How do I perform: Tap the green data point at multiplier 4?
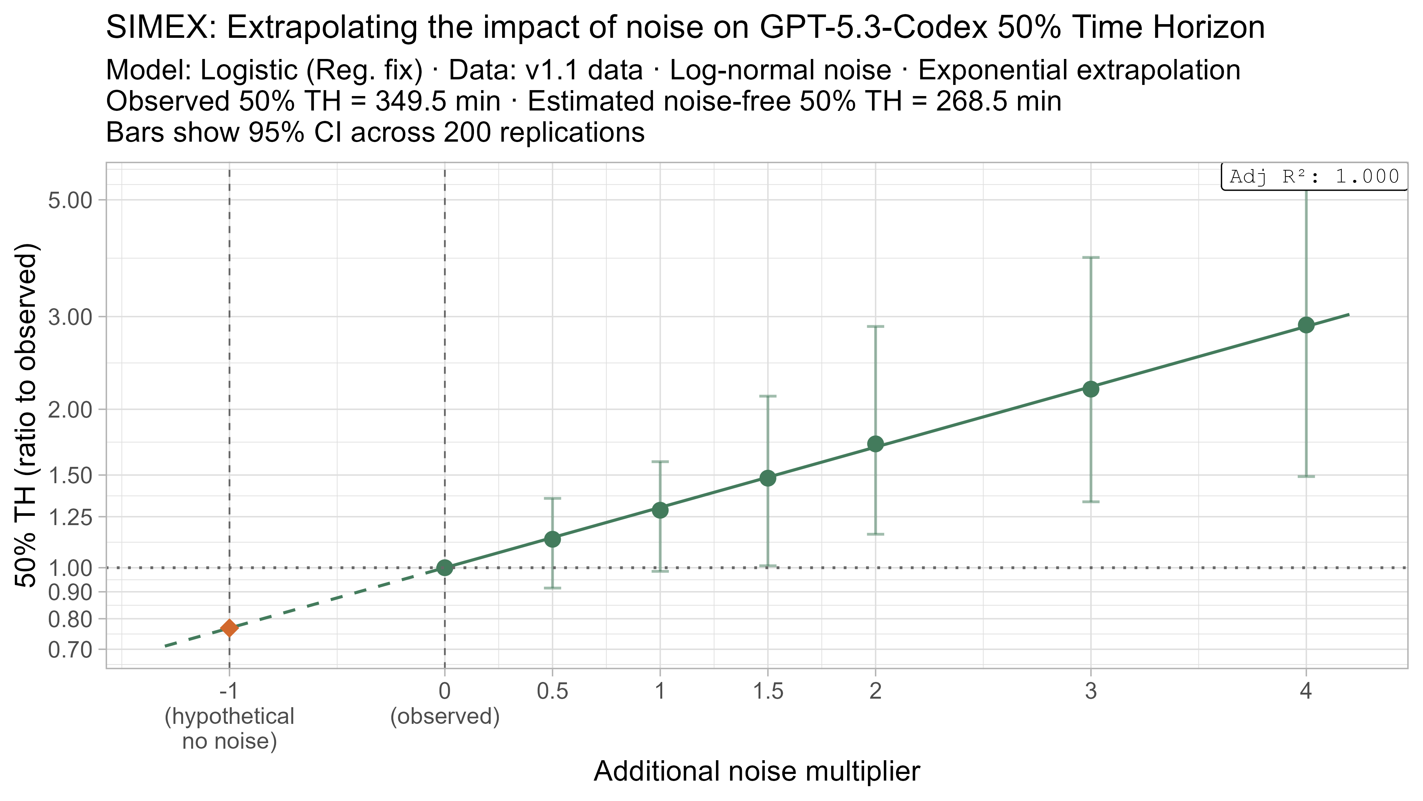click(x=1306, y=325)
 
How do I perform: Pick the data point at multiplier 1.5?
click(x=768, y=478)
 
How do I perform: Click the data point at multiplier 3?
click(x=1091, y=389)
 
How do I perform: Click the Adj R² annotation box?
click(x=1314, y=177)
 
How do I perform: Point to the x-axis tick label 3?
click(x=1091, y=691)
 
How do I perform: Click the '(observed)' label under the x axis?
click(x=445, y=716)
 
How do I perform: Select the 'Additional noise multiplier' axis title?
click(x=757, y=772)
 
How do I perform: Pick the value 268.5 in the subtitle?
click(x=969, y=102)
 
